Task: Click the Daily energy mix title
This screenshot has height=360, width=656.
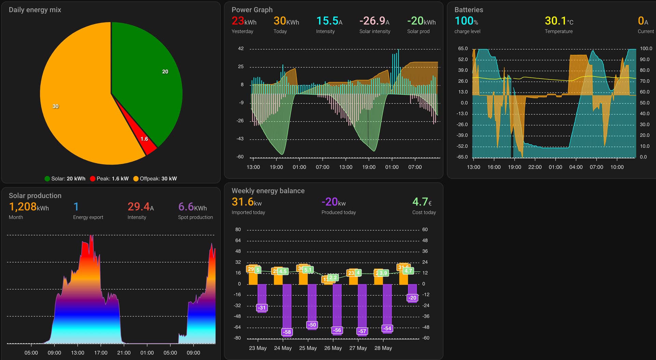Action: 35,10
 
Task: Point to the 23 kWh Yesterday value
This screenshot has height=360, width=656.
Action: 244,21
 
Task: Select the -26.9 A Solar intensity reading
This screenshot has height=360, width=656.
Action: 374,21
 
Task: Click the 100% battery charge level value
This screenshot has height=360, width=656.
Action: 466,21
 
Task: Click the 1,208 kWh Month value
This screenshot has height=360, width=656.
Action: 29,207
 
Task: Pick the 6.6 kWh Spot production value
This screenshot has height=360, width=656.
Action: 192,207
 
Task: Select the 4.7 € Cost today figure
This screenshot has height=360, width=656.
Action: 422,202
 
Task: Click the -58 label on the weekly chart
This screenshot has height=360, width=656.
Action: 287,332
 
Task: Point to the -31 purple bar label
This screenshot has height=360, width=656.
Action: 262,308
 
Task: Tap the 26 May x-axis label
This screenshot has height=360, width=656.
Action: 333,348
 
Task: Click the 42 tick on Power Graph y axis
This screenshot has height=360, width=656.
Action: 241,49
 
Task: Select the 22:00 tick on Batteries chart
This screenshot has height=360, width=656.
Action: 535,167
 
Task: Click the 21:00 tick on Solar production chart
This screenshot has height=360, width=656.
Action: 124,353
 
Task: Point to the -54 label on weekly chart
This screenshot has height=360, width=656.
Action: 387,329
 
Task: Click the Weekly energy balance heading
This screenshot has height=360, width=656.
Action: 268,191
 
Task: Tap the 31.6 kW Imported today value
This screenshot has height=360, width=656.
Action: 246,202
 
